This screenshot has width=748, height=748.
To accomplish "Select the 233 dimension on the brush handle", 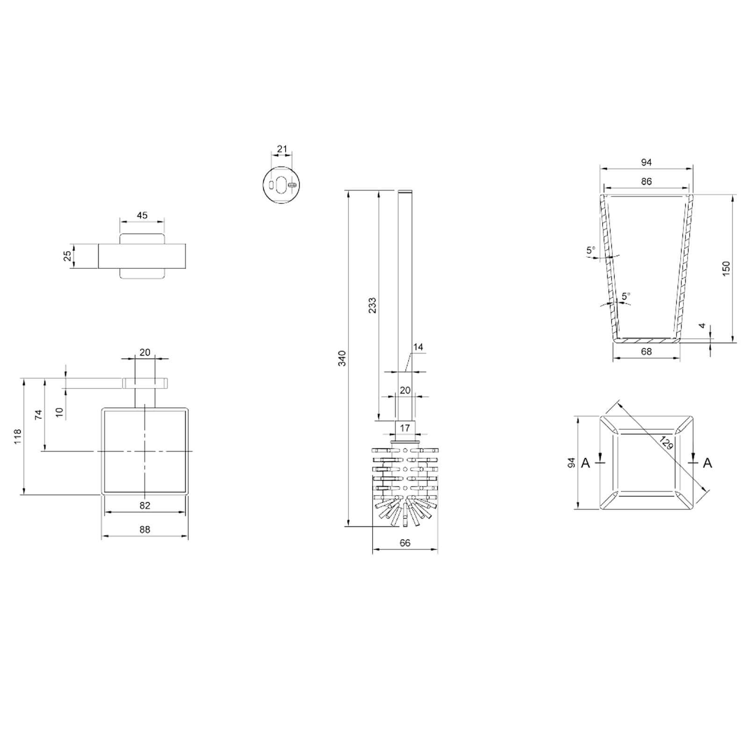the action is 372,305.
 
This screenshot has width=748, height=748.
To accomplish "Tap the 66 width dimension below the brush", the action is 405,543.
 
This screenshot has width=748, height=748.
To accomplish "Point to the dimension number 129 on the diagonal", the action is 666,442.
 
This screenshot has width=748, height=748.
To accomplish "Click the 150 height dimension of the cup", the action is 726,268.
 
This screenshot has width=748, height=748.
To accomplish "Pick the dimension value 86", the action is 646,181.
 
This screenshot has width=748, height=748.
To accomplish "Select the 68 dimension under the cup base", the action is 646,351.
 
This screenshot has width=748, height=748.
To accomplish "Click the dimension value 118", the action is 18,436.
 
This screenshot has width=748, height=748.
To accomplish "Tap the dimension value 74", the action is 39,414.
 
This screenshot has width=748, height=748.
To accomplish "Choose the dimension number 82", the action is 145,505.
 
